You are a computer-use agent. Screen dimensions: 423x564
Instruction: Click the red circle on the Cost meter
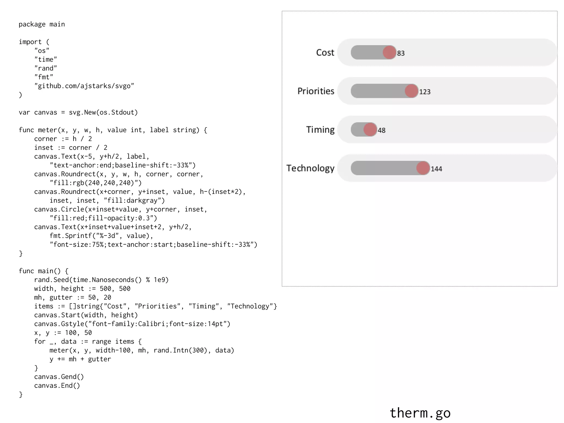(x=389, y=52)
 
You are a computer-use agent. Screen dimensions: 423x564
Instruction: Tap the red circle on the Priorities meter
(x=411, y=91)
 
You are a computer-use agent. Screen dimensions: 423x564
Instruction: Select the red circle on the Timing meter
(x=370, y=129)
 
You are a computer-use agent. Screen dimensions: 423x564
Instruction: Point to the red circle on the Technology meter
(x=423, y=168)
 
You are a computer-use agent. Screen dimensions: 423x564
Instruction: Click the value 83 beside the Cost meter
(x=401, y=53)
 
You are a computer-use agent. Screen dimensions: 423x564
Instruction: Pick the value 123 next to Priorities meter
(x=425, y=92)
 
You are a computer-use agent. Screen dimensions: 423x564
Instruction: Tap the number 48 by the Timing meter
(x=381, y=130)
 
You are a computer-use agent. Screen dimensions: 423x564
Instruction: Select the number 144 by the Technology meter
(x=436, y=169)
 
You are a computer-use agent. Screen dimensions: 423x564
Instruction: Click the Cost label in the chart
(x=325, y=52)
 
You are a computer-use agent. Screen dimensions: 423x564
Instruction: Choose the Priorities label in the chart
(x=316, y=91)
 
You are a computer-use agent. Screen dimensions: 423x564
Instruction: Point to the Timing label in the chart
(x=320, y=129)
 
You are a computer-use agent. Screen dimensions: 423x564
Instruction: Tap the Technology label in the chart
(x=310, y=168)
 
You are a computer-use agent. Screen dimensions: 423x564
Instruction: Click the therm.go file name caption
(x=420, y=413)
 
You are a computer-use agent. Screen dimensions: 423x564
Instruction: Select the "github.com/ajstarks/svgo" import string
(x=84, y=86)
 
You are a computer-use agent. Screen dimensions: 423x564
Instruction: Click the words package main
(x=42, y=24)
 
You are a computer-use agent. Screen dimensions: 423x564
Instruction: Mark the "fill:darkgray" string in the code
(x=134, y=200)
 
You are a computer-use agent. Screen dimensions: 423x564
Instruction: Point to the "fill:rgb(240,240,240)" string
(x=96, y=183)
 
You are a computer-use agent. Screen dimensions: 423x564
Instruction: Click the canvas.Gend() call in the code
(x=59, y=377)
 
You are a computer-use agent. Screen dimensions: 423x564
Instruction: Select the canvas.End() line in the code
(x=57, y=386)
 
